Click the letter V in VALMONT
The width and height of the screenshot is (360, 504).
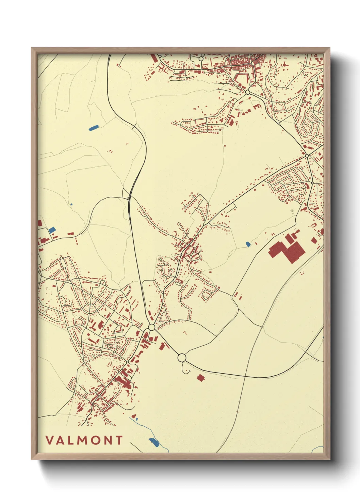[x=50, y=440]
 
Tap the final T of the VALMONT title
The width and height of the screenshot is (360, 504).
[x=118, y=440]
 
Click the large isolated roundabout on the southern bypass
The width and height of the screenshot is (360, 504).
[x=182, y=358]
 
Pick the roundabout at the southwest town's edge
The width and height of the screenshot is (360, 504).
[x=152, y=327]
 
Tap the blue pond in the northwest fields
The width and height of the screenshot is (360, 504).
[x=93, y=128]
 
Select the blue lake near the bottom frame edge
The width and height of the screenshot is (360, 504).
[x=154, y=442]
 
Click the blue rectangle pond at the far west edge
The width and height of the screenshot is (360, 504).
[x=52, y=230]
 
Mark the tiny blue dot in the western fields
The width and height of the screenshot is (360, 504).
[x=71, y=204]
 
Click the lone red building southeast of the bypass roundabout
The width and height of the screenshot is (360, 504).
[x=201, y=377]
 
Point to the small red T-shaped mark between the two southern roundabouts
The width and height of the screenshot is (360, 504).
[x=185, y=332]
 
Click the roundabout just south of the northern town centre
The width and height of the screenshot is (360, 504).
[x=247, y=92]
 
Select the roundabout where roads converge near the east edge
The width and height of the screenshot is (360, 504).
[x=307, y=155]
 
